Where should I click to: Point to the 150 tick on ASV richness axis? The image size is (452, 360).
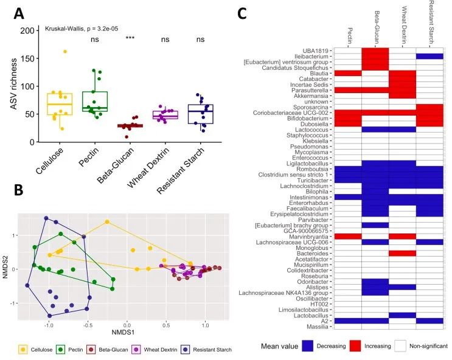point(26,58)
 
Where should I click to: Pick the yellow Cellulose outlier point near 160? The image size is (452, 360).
point(64,52)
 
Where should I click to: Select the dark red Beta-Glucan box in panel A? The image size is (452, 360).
point(129,126)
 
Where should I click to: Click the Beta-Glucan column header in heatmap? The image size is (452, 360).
point(375,24)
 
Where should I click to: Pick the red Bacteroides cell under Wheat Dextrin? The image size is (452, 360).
point(402,253)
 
